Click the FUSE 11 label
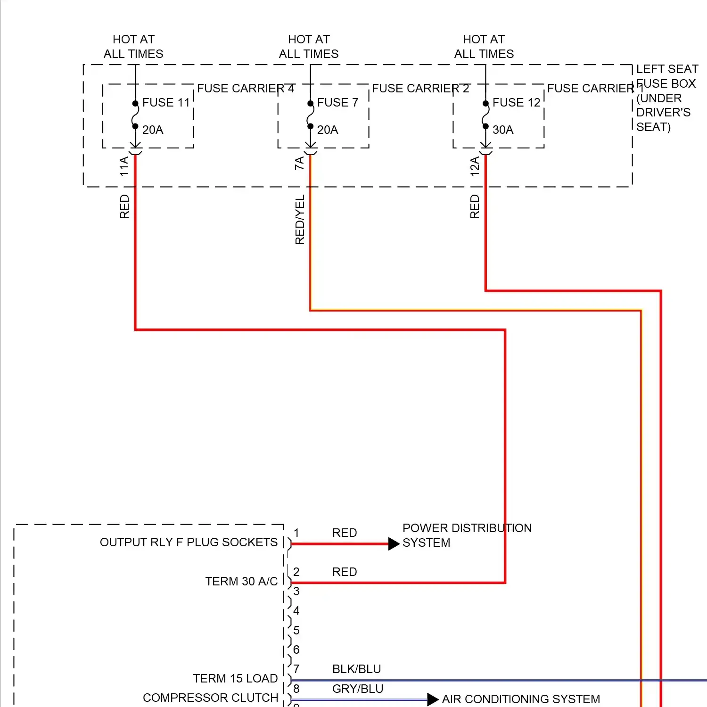point(166,103)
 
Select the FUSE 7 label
point(337,103)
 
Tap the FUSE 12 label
point(516,103)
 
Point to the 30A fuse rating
point(503,130)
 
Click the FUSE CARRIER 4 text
point(246,89)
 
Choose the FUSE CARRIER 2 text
point(420,89)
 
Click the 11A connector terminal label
point(124,166)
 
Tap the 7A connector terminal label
point(299,164)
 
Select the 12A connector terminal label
point(475,166)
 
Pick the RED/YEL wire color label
point(300,220)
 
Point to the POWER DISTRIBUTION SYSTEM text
point(467,535)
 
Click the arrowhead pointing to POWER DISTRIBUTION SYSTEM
point(394,544)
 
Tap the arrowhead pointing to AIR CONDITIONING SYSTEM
point(433,699)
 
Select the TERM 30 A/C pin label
point(241,582)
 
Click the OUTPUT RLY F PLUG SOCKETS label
point(189,543)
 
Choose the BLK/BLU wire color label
point(356,669)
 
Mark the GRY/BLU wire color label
point(358,689)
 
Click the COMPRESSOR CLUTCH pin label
point(210,698)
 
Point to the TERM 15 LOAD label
point(235,679)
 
